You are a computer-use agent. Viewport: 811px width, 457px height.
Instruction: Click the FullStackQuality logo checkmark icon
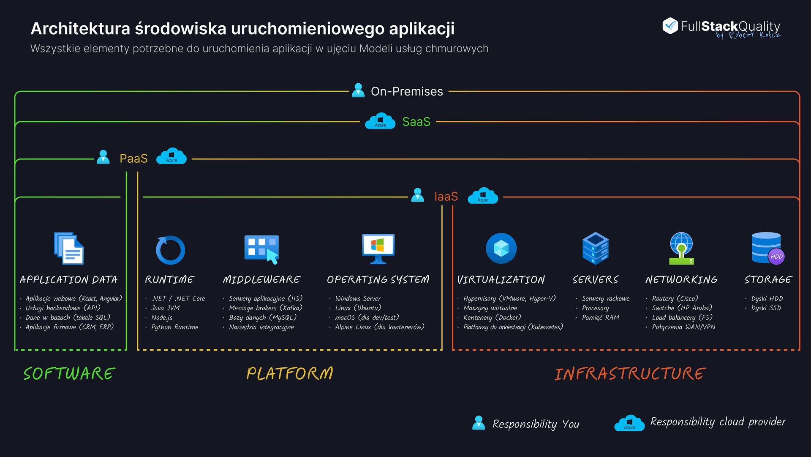(670, 26)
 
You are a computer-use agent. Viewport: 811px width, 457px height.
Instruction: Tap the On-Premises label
(407, 91)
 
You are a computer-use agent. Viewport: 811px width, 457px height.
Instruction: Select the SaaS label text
(416, 122)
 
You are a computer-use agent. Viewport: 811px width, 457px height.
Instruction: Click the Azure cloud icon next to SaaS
(380, 121)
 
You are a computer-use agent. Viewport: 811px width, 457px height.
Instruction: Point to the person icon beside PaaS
(103, 157)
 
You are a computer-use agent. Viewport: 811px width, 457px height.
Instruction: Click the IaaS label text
(446, 197)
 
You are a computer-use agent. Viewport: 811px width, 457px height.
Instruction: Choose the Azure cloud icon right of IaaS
(483, 196)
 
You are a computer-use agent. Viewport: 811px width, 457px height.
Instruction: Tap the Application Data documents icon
(69, 249)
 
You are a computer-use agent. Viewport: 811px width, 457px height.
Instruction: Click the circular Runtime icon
(170, 250)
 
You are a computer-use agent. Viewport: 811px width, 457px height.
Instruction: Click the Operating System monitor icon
(378, 249)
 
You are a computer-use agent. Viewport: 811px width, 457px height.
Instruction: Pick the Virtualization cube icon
(501, 249)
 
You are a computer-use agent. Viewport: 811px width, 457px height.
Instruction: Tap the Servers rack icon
(595, 248)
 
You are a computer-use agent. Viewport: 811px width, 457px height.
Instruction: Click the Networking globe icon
(681, 248)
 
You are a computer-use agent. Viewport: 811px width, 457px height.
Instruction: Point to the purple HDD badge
(776, 257)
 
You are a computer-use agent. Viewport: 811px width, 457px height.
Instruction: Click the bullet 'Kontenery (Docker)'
(492, 317)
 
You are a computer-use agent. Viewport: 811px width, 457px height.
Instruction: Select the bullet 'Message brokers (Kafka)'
(265, 308)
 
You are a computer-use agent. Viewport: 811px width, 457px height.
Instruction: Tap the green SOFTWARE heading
(69, 374)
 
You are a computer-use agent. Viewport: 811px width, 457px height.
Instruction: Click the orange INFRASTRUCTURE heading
(630, 374)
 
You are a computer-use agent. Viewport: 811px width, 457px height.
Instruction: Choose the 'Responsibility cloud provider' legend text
(718, 422)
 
